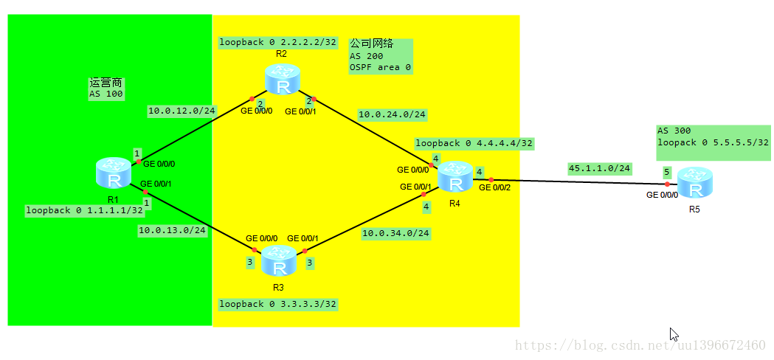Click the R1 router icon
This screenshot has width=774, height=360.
pos(114,172)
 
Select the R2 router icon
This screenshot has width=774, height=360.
pos(283,80)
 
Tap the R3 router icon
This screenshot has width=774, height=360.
pos(279,260)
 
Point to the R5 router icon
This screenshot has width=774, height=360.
pos(694,183)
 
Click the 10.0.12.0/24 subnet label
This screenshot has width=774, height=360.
pos(182,111)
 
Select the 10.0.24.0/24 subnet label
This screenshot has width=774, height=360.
pos(392,114)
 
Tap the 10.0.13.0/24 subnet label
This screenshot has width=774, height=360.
pos(172,230)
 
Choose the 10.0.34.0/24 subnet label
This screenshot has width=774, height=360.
pos(395,234)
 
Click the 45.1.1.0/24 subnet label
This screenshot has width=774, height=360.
pos(599,168)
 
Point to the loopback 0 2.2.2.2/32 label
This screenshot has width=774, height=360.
pos(277,42)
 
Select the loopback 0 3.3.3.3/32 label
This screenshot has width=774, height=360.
pos(278,304)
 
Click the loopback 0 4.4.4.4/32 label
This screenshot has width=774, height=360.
pos(474,143)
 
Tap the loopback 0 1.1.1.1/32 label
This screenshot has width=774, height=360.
pos(85,210)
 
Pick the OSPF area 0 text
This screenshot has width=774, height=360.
pos(380,67)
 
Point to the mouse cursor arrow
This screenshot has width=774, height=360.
pos(673,333)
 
